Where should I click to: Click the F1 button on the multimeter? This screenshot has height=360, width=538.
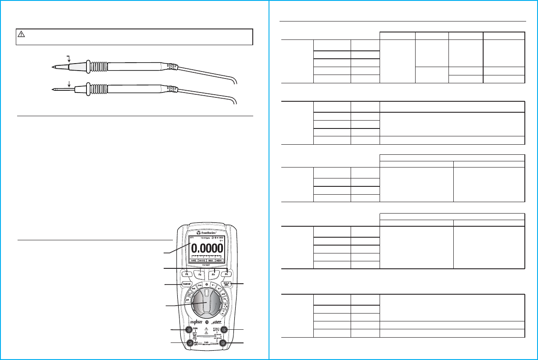pos(187,275)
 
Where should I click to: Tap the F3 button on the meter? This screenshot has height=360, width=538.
pos(213,275)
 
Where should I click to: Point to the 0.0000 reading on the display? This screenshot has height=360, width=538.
pos(206,249)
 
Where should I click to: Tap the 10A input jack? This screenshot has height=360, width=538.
pos(190,330)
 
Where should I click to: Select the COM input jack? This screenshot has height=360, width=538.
pos(223,343)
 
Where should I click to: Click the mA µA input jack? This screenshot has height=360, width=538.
pos(190,343)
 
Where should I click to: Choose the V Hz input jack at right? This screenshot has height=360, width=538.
pos(223,330)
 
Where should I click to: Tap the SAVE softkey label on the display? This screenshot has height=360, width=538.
pos(194,260)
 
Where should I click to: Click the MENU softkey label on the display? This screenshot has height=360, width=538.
pos(219,260)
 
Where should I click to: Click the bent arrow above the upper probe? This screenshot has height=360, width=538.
pos(68,58)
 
